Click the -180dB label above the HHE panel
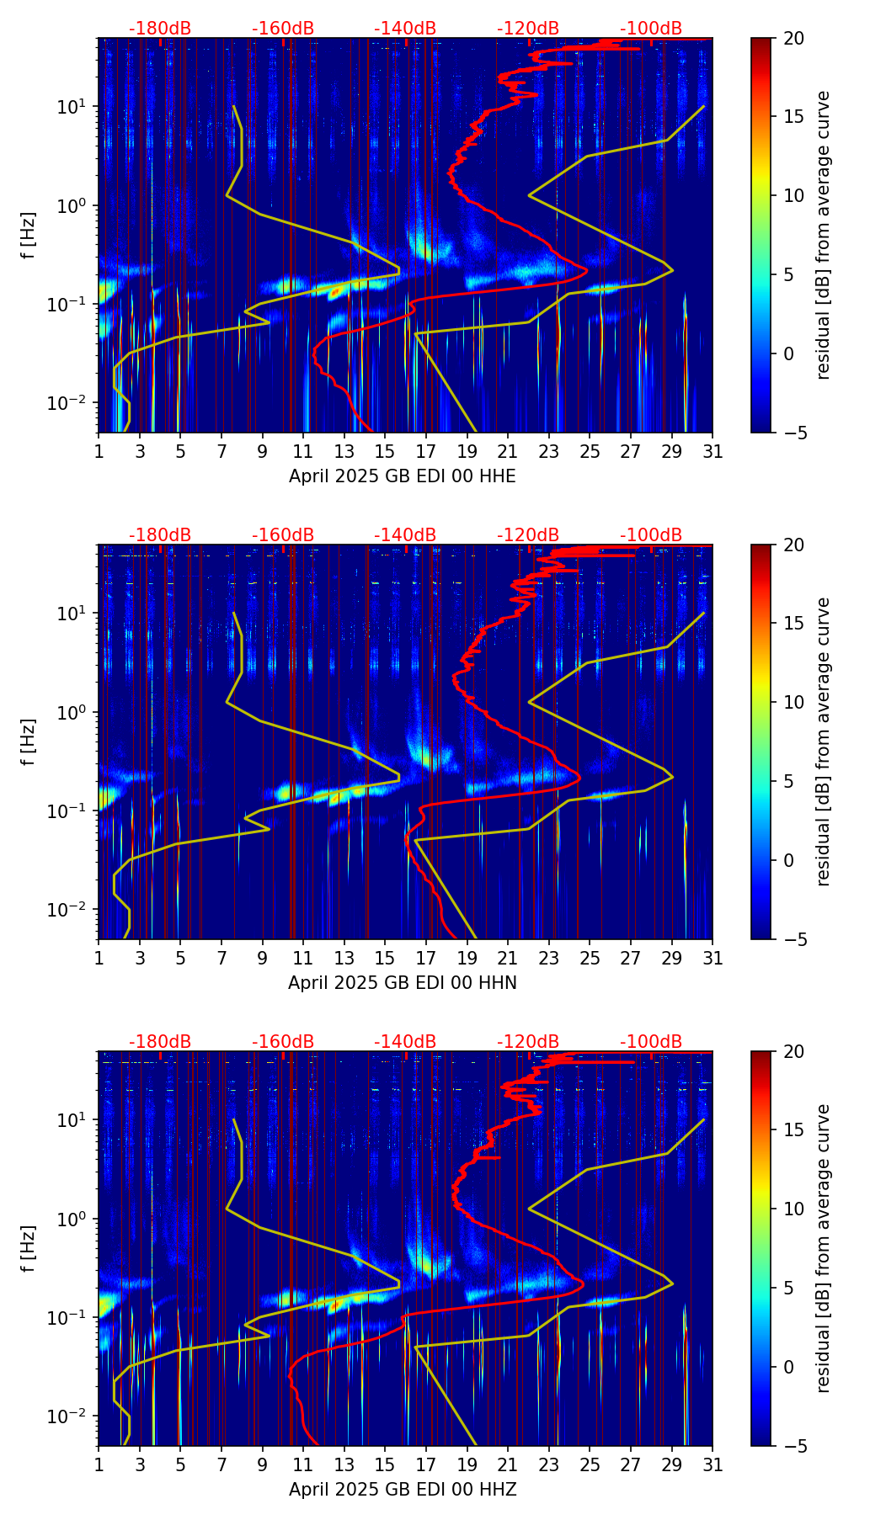point(160,29)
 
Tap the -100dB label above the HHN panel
point(651,535)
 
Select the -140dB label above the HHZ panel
point(405,1042)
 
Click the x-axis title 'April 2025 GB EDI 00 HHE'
point(403,476)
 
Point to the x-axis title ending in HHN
point(403,983)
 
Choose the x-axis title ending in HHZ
point(403,1490)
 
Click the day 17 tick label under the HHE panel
point(426,451)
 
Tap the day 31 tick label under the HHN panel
point(713,958)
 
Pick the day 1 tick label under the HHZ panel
point(99,1464)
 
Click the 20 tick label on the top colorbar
point(793,39)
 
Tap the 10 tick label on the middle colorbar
point(793,702)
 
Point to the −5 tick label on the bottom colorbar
point(793,1446)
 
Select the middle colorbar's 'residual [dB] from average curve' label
point(824,741)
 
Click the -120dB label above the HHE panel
point(528,29)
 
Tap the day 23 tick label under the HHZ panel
point(549,1464)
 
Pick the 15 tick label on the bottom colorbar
point(793,1129)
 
